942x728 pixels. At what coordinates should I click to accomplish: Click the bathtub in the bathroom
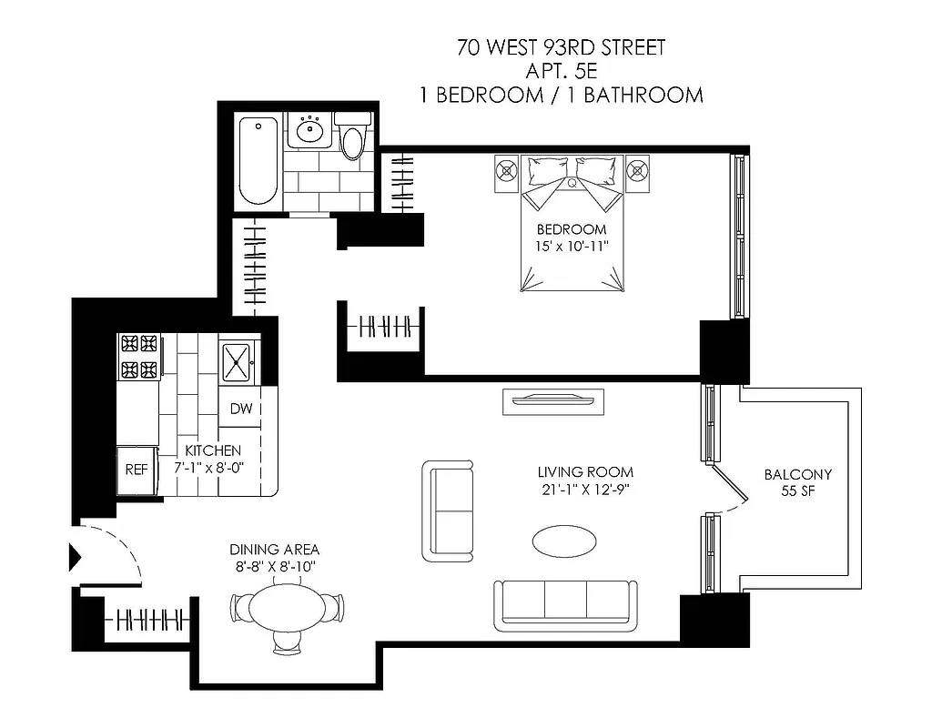[258, 162]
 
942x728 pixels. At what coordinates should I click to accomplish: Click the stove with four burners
[138, 357]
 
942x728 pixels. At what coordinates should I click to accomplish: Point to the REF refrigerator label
[136, 470]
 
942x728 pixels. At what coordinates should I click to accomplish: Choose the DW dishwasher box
[240, 409]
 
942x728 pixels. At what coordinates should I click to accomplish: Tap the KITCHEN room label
[213, 450]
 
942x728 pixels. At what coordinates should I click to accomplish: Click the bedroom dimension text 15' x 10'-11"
[571, 246]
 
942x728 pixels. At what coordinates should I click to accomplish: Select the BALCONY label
[797, 474]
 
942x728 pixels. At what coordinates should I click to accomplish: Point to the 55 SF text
[797, 492]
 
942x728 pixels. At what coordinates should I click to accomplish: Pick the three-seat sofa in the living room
[565, 604]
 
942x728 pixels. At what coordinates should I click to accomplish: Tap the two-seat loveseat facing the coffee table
[448, 511]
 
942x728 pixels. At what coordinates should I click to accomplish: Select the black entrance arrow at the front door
[76, 556]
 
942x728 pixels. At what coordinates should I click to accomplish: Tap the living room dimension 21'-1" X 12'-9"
[583, 490]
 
